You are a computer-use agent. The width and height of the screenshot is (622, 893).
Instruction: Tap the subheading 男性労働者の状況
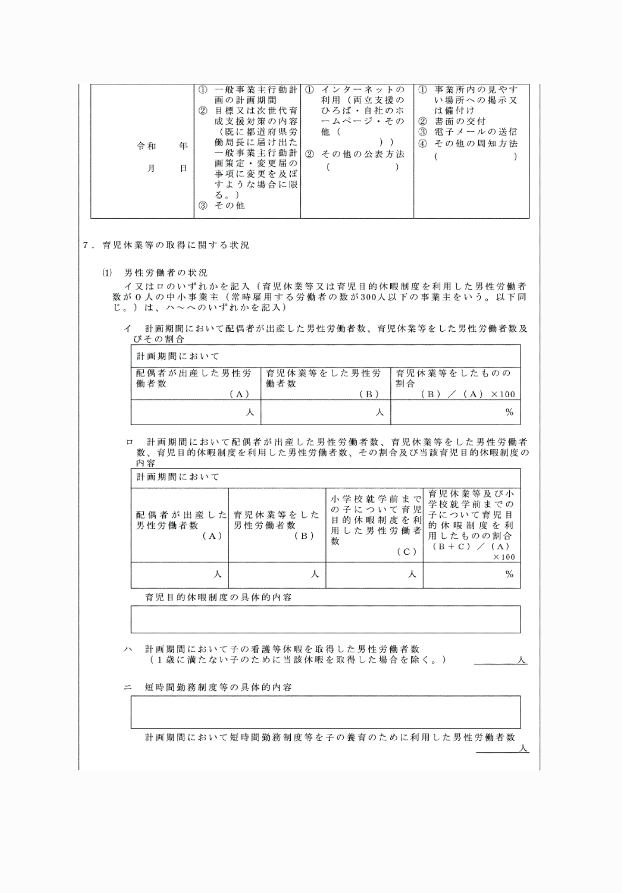(165, 273)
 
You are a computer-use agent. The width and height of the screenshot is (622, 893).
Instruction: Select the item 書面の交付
(460, 121)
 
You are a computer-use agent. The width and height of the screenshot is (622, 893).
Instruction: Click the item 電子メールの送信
(475, 132)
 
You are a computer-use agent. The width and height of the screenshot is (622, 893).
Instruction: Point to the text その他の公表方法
(363, 154)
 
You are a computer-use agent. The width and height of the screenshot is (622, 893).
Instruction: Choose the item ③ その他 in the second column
(229, 205)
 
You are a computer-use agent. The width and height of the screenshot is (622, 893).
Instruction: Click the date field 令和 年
(162, 146)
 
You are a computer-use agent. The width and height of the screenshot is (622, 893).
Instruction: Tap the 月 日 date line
(167, 169)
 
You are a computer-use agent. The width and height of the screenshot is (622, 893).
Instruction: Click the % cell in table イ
(455, 413)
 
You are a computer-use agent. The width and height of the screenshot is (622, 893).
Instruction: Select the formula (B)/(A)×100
(468, 394)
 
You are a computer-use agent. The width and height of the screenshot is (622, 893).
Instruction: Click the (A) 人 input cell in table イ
(195, 413)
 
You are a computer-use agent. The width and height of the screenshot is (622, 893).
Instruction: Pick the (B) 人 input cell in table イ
(325, 413)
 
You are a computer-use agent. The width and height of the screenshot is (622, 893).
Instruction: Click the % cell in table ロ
(471, 574)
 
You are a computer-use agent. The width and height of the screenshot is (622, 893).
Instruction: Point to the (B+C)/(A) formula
(471, 547)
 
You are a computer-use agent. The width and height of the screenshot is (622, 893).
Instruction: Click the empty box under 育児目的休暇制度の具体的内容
(325, 619)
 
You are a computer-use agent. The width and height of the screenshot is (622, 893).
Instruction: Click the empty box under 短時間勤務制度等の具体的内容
(325, 712)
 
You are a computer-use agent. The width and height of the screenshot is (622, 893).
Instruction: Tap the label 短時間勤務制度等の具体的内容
(219, 688)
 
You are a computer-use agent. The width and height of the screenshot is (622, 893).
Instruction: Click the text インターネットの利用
(363, 95)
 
